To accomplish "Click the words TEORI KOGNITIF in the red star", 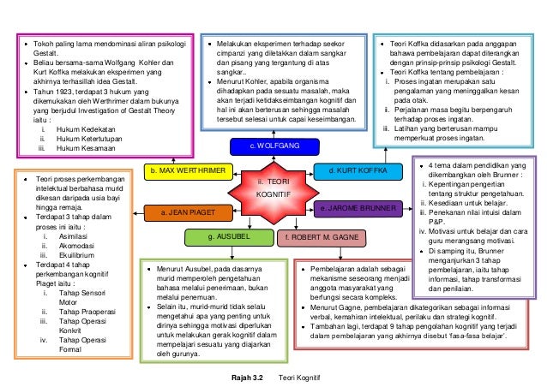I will pos(273,188).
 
